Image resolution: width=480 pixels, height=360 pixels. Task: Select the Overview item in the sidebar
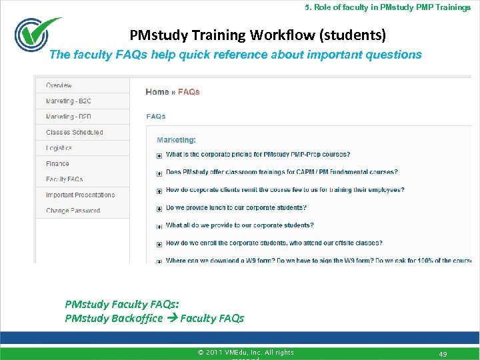59,85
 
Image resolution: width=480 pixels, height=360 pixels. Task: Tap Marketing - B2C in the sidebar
69,101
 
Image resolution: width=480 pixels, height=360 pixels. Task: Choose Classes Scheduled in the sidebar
74,132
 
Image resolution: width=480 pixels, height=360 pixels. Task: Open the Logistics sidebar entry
59,148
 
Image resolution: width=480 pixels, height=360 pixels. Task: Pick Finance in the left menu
57,163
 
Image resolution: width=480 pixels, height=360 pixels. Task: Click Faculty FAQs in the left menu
64,179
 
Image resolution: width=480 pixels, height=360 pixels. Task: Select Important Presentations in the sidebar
80,195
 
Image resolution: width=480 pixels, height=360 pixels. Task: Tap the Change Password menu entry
73,211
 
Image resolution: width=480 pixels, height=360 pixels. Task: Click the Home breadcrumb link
157,92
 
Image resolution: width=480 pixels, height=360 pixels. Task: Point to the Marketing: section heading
176,140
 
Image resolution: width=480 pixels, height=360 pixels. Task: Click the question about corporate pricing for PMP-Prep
258,155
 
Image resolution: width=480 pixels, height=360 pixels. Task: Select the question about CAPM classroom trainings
281,172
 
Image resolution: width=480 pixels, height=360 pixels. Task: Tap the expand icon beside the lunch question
159,209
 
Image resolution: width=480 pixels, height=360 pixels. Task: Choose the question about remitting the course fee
285,190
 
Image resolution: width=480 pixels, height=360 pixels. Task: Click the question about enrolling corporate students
274,243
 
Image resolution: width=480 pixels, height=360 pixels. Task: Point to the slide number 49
443,353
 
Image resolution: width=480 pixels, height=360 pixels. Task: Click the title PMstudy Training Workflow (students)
257,34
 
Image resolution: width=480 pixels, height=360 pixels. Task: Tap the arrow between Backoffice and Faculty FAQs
171,318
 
